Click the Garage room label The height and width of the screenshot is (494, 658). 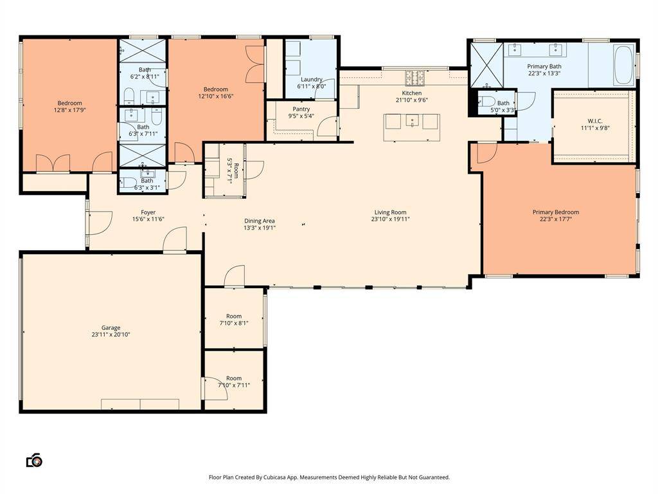[111, 327]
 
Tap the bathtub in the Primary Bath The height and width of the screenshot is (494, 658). [623, 66]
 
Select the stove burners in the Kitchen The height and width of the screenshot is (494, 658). [414, 78]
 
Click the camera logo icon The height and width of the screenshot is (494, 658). [35, 461]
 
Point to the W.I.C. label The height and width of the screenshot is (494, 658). [595, 121]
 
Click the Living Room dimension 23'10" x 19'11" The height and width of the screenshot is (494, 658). [390, 219]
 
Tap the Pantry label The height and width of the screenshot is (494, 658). [301, 109]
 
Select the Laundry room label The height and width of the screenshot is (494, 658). [312, 79]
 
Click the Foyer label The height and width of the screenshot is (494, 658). [148, 212]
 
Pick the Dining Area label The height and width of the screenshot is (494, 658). [260, 221]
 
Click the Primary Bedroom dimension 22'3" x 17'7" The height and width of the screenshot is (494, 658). [556, 219]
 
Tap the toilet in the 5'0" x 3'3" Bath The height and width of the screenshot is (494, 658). [486, 101]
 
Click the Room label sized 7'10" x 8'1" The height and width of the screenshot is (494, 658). [234, 316]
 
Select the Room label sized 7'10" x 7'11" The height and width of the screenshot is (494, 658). [234, 378]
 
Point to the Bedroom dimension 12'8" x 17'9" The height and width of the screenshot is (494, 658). [69, 110]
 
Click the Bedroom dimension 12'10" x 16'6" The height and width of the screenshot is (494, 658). [216, 96]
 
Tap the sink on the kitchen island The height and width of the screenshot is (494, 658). [413, 122]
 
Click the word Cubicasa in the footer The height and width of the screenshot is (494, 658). [275, 477]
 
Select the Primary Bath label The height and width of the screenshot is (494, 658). [544, 66]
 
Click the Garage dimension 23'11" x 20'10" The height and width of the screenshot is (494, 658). [111, 334]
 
